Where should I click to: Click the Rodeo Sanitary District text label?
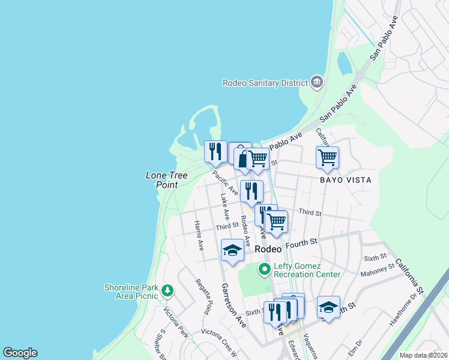[x=264, y=83]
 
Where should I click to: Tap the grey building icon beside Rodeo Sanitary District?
[x=316, y=82]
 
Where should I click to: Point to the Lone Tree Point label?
[x=167, y=180]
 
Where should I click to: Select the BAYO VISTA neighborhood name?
[x=345, y=180]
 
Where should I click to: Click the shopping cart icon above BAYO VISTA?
[x=327, y=158]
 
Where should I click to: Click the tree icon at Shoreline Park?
[x=167, y=291]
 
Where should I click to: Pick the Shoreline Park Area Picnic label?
[x=131, y=291]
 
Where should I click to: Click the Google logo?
[x=20, y=353]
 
